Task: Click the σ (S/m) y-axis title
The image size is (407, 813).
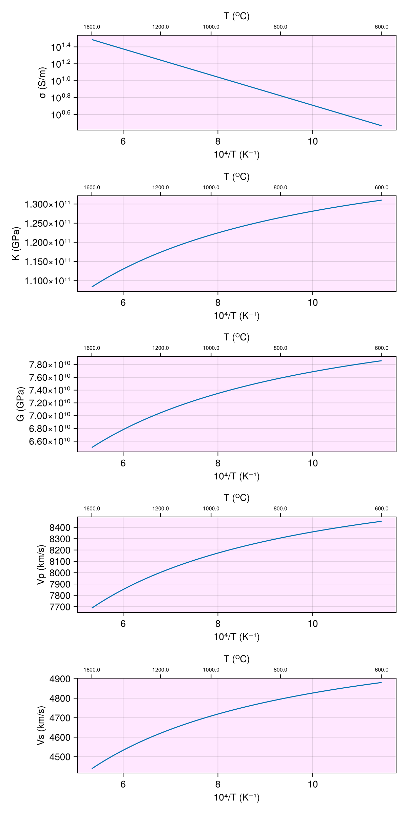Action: pos(43,83)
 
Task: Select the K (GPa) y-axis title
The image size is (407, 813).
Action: pos(16,243)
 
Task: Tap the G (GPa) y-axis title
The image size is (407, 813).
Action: pos(20,404)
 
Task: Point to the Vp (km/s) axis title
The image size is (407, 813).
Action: pos(41,565)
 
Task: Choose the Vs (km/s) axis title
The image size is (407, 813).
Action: pos(41,726)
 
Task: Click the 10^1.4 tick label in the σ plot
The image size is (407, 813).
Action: pos(61,47)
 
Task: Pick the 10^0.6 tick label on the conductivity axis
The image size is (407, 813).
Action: pos(61,115)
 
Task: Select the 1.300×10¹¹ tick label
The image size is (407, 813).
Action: pos(47,204)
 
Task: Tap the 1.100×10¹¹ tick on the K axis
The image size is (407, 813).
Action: pos(47,281)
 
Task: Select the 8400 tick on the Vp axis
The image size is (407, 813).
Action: pos(60,528)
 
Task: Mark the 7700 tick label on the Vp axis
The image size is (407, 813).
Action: pos(60,607)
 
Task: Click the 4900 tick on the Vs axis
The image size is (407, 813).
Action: pos(60,679)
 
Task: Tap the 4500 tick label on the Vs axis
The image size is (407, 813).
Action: pos(60,757)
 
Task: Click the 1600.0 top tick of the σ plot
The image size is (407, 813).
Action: pos(92,27)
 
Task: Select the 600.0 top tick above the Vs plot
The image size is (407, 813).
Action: pos(382,670)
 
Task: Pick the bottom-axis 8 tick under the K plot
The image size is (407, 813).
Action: pos(218,303)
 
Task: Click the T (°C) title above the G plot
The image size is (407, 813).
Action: pos(236,337)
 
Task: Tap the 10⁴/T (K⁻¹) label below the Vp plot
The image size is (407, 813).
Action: pos(236,637)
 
